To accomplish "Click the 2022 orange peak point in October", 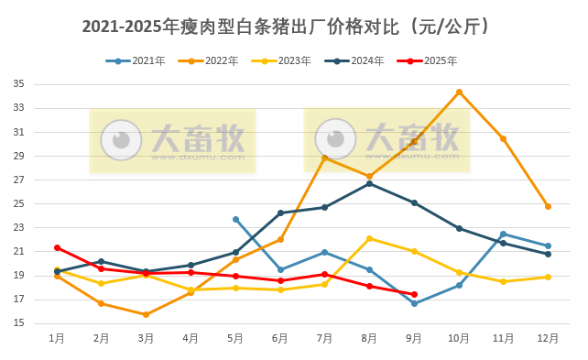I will coord(459,92).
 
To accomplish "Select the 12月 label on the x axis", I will coord(548,339).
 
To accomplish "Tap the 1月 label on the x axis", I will coord(57,339).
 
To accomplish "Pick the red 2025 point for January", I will coord(57,247).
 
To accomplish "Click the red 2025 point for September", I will coord(414,294).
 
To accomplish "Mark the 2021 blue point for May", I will coord(235,219).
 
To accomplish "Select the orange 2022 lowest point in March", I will coord(146,314).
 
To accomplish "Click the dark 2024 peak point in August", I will coord(369,183).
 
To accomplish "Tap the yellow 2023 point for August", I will coord(369,238).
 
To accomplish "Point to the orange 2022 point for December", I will coord(548,206).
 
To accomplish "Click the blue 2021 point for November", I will coord(503,234).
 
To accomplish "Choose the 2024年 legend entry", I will coord(355,61).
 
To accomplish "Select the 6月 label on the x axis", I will coord(280,339).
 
